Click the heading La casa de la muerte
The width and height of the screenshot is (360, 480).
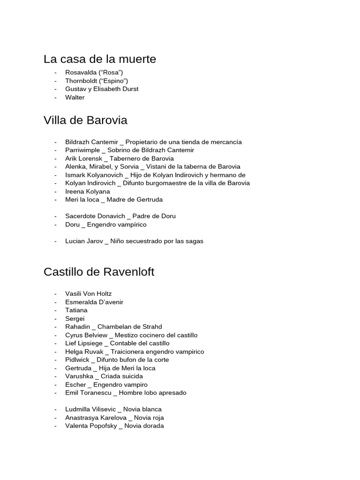tap(100, 60)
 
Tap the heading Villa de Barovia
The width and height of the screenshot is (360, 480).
tap(85, 120)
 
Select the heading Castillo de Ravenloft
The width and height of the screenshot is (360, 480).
tap(99, 272)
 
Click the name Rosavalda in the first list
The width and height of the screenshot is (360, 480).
tap(80, 72)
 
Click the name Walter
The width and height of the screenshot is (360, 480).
tap(75, 97)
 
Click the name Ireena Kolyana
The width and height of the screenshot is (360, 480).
tap(88, 191)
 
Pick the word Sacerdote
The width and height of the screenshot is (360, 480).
tap(81, 216)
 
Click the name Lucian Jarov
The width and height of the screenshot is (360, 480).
tap(84, 241)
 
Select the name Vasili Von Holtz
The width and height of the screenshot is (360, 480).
tap(89, 294)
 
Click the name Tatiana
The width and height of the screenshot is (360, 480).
tap(76, 310)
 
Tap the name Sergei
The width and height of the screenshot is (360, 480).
tap(75, 319)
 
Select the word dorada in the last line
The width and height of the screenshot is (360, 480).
tap(153, 426)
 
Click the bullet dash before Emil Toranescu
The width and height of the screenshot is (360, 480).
tap(56, 393)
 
